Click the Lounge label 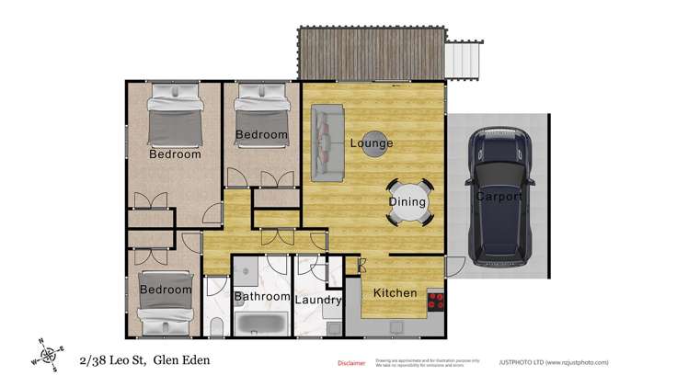pyautogui.click(x=371, y=143)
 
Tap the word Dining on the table pyautogui.click(x=407, y=202)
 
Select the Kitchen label pyautogui.click(x=395, y=293)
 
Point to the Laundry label pyautogui.click(x=318, y=300)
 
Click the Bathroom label pyautogui.click(x=262, y=297)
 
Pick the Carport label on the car pyautogui.click(x=499, y=197)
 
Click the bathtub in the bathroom pyautogui.click(x=261, y=323)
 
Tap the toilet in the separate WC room pyautogui.click(x=214, y=327)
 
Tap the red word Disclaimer pyautogui.click(x=351, y=363)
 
